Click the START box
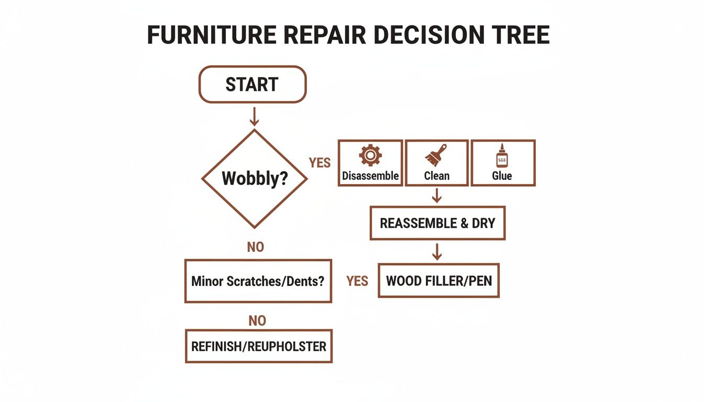(252, 84)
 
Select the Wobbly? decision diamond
(255, 178)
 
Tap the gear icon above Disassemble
(370, 155)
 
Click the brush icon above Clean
(436, 155)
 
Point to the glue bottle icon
(501, 156)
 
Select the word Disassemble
(370, 176)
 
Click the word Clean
(436, 176)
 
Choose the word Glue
(502, 176)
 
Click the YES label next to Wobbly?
(320, 163)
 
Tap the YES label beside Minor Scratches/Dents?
(357, 282)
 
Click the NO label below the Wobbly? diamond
(256, 247)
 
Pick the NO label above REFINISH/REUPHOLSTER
(257, 320)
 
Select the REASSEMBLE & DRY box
(437, 223)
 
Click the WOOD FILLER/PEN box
(439, 281)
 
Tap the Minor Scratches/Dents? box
(258, 281)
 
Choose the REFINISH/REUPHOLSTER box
(259, 346)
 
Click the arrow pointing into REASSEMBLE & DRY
(437, 196)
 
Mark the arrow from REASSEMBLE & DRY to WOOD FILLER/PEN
(437, 252)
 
